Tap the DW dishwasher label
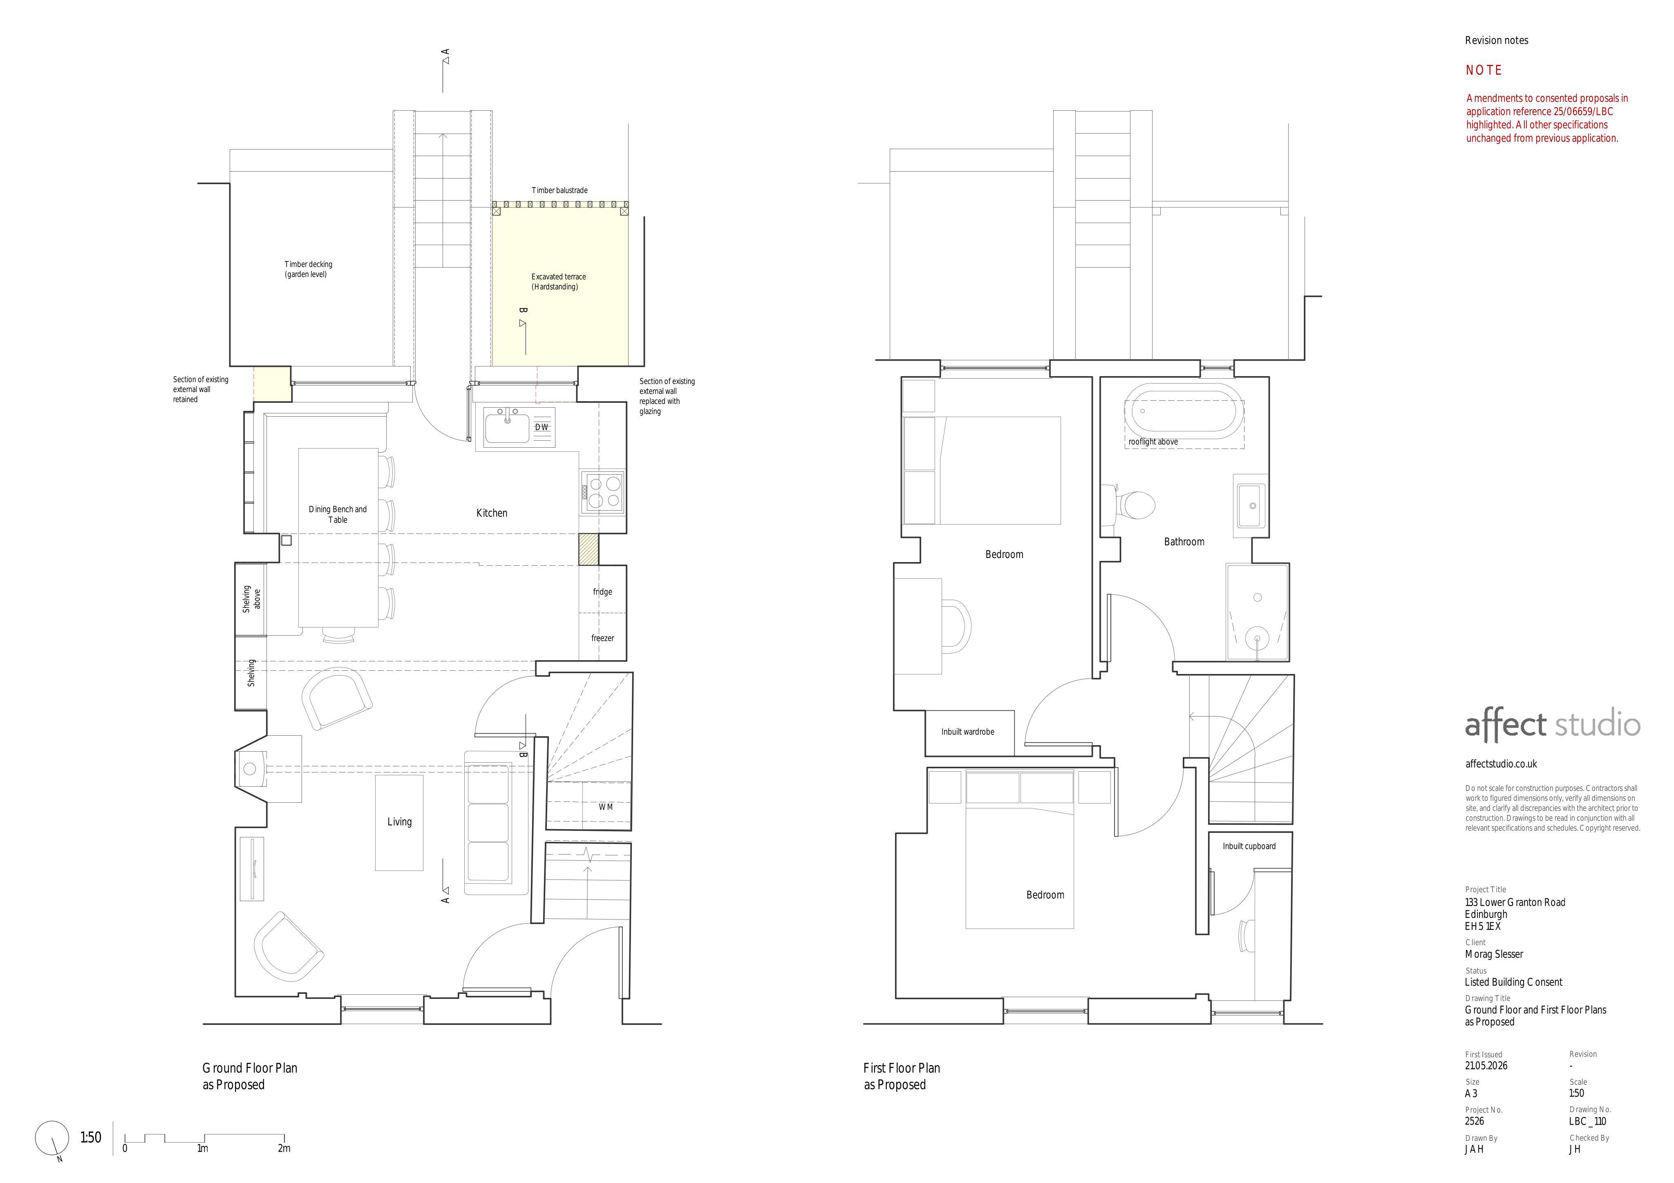(542, 427)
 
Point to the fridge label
(602, 592)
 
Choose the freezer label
(603, 638)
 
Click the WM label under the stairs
(606, 807)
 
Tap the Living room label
(400, 822)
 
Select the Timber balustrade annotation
(559, 190)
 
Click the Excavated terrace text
(559, 277)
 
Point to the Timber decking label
(309, 265)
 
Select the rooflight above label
(1153, 442)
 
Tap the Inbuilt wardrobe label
(967, 732)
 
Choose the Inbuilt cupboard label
(1249, 846)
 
